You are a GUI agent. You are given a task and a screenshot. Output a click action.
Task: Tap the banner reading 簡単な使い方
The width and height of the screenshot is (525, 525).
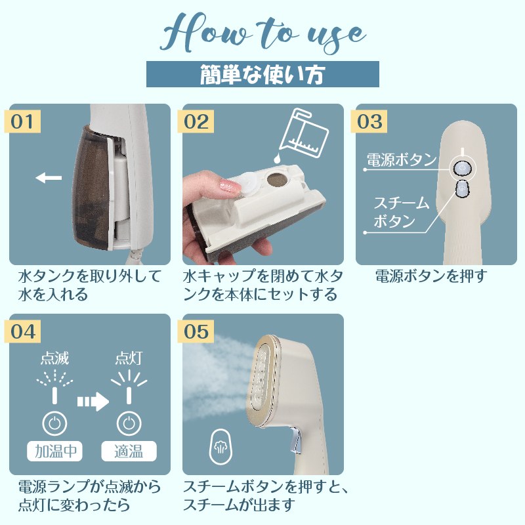tap(262, 74)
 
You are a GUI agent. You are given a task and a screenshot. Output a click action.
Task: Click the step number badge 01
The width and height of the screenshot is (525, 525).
tap(22, 121)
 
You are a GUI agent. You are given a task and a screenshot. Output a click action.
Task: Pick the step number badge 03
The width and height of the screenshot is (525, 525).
tap(369, 121)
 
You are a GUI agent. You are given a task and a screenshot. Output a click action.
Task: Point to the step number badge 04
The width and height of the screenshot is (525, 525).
tap(22, 331)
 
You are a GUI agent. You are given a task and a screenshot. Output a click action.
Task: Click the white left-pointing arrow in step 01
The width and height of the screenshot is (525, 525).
tap(49, 178)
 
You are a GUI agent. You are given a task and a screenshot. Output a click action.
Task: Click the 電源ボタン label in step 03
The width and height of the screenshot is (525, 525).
tap(402, 159)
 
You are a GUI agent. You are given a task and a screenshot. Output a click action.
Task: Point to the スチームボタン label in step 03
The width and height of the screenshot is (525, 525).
tap(402, 212)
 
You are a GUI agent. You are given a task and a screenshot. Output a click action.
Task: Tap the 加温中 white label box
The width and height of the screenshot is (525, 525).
tap(54, 451)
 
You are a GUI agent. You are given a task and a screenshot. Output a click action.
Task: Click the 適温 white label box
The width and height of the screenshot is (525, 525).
tap(129, 451)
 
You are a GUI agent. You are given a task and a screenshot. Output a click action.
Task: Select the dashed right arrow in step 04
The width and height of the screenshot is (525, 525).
tap(93, 401)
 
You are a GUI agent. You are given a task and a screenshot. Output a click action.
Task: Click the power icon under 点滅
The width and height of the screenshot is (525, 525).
tap(54, 423)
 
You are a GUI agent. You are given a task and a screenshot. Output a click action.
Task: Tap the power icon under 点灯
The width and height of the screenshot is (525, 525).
tap(129, 423)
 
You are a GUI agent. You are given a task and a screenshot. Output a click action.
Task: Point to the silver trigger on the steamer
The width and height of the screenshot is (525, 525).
tap(296, 439)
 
